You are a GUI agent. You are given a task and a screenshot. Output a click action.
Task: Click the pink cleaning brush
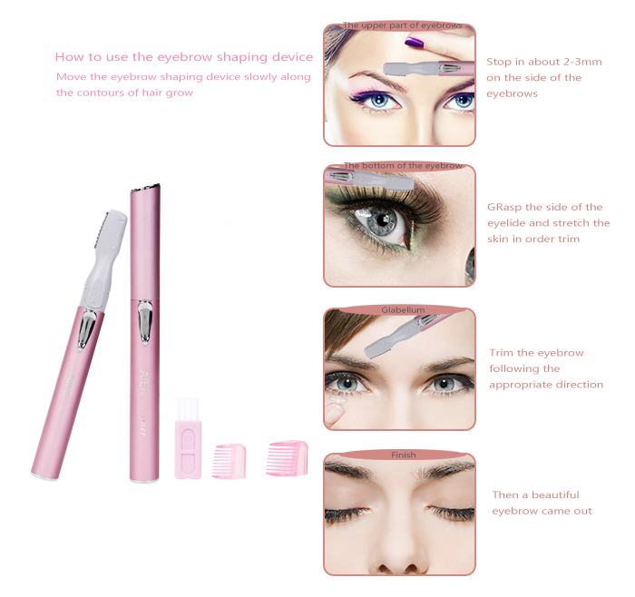(188, 438)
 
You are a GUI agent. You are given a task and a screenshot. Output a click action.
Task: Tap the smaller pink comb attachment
(230, 461)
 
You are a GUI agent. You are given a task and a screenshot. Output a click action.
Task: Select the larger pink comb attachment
(288, 458)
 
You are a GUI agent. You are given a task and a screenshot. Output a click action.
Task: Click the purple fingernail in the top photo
(414, 42)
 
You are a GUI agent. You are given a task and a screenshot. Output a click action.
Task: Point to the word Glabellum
(403, 309)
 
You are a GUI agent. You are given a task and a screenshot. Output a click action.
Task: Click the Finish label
(404, 455)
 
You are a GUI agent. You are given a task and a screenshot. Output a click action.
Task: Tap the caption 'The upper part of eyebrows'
(402, 25)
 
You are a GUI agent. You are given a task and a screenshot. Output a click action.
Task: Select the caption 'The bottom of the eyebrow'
(403, 166)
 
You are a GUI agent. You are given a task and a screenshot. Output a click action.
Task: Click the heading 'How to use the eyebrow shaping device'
(184, 56)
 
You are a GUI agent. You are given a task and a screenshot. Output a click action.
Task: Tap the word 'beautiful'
(555, 495)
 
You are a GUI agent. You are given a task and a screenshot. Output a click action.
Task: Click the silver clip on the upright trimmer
(144, 323)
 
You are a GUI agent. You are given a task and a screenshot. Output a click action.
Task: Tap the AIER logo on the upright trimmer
(144, 383)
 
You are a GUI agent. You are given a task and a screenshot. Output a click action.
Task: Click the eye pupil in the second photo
(382, 220)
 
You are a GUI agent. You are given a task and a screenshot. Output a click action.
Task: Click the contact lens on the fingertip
(337, 401)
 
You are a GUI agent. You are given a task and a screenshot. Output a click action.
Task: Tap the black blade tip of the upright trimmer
(145, 187)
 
